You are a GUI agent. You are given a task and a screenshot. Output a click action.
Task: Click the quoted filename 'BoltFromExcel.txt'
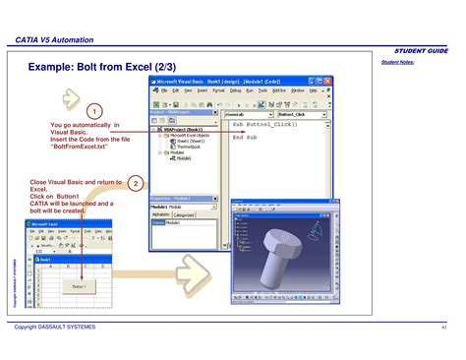[90, 148]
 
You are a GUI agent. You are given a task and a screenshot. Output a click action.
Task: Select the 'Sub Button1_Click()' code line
[266, 125]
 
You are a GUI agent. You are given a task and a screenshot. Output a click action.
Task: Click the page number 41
[444, 327]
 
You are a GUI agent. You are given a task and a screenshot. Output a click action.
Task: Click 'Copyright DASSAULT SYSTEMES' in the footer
[55, 327]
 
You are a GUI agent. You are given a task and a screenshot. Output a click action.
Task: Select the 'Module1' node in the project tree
[184, 158]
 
